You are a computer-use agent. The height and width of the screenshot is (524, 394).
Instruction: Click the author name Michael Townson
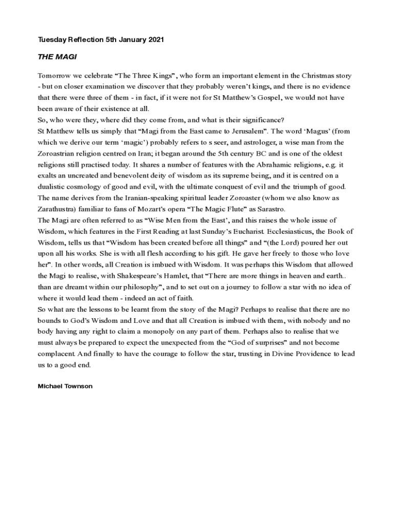(x=65, y=386)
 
